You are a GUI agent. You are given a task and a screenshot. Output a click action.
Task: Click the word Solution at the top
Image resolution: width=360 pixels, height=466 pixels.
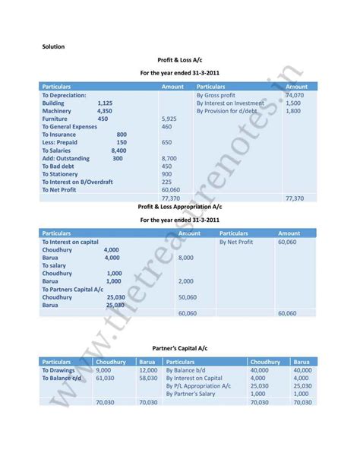click(x=53, y=47)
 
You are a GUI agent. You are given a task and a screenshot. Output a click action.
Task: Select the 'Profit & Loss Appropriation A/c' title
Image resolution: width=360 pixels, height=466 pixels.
click(x=179, y=207)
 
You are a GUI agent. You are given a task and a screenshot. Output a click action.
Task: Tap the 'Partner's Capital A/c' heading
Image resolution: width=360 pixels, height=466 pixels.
click(x=179, y=347)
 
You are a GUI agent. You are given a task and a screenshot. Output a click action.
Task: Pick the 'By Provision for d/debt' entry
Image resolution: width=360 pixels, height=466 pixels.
click(x=227, y=111)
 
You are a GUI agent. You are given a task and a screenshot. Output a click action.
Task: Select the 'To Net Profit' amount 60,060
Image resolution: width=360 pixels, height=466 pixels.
click(x=171, y=190)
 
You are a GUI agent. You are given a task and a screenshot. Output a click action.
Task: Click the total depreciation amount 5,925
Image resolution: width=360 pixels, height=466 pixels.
click(x=169, y=119)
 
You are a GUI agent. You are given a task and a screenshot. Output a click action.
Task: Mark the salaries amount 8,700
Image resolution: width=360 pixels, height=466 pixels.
click(x=169, y=158)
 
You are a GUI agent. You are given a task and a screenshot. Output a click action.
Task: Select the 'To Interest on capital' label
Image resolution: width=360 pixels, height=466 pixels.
click(x=71, y=242)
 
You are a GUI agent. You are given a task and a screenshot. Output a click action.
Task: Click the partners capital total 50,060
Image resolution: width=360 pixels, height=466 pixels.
click(x=187, y=297)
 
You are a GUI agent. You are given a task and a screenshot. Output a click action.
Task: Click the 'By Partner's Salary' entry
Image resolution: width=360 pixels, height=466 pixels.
click(x=194, y=394)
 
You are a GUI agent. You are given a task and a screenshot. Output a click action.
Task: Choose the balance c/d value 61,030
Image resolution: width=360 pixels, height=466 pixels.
click(x=105, y=378)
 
